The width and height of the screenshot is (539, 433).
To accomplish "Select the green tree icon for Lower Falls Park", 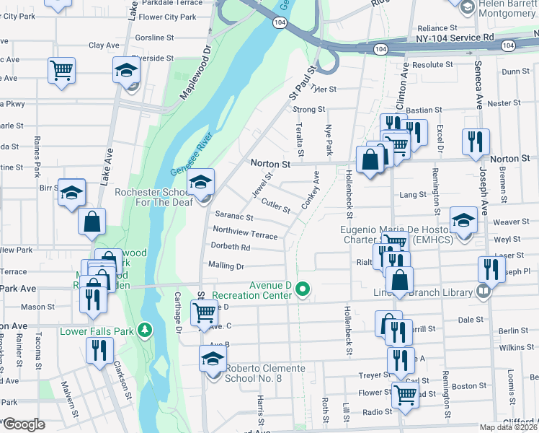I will pos(146,330).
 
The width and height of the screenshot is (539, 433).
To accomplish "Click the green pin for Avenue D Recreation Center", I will pos(303,290).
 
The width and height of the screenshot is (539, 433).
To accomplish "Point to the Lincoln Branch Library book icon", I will pos(483,292).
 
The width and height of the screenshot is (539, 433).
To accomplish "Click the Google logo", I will pos(23,424).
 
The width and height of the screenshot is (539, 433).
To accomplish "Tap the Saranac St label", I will pos(234,216).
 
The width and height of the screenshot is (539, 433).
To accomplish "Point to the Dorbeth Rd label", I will pos(231,248).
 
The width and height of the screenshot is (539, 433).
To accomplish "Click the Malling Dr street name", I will pos(226,266).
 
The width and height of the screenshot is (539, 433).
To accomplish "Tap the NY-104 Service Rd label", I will pos(455,37).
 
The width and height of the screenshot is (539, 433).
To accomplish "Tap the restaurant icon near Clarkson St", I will pos(99,350).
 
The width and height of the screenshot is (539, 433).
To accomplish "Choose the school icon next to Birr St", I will pos(72,193).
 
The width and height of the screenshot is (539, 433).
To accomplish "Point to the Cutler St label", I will pos(275,206).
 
